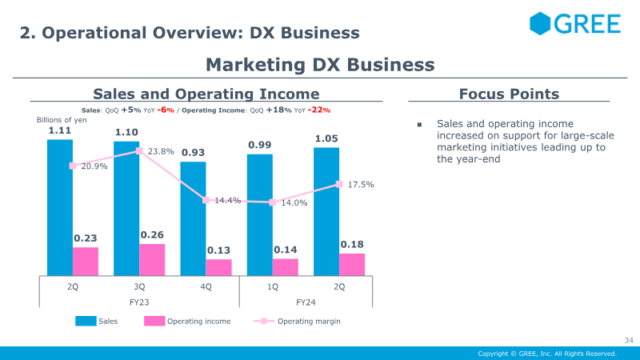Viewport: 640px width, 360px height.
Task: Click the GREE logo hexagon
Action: click(540, 23)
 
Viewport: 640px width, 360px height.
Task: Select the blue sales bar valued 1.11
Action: click(60, 207)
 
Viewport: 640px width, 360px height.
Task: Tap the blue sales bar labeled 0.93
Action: click(193, 218)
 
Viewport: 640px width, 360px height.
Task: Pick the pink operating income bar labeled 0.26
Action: click(152, 259)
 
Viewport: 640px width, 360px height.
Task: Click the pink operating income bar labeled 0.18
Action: click(352, 265)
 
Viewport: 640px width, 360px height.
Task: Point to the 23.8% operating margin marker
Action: click(139, 151)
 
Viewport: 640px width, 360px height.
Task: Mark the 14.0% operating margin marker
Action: click(273, 202)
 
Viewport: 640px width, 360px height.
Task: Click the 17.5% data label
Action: click(361, 185)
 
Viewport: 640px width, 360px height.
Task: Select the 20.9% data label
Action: click(94, 166)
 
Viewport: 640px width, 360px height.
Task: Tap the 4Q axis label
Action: click(206, 286)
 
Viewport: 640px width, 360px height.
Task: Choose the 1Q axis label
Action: click(273, 286)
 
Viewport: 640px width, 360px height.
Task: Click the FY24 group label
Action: click(306, 302)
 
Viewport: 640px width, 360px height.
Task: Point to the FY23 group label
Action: click(139, 302)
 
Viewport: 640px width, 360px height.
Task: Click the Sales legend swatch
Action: click(86, 321)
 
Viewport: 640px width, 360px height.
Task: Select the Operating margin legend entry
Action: click(297, 322)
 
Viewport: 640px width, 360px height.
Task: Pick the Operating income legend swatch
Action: click(154, 321)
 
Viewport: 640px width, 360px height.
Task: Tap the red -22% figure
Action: click(319, 110)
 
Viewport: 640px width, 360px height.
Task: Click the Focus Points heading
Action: click(509, 94)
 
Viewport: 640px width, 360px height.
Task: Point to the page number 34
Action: click(629, 340)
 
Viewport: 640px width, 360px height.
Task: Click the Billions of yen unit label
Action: click(62, 119)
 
